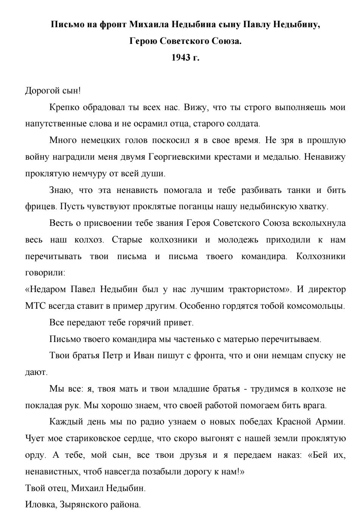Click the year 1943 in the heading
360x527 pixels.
(181, 58)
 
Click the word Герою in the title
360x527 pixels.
(143, 41)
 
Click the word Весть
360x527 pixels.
(60, 223)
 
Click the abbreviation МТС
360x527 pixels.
(35, 306)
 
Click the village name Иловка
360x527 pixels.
(40, 505)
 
